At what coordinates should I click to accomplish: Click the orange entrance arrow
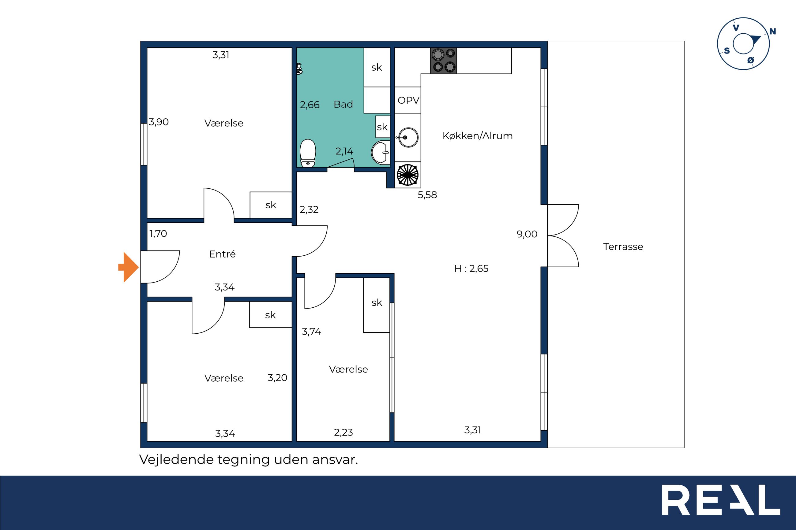[x=129, y=267]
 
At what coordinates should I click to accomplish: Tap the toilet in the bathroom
[x=308, y=154]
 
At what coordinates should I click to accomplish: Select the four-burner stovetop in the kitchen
[x=443, y=61]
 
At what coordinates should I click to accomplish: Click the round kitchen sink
[x=408, y=137]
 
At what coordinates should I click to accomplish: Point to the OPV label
[x=408, y=100]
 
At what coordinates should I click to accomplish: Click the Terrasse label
[x=623, y=246]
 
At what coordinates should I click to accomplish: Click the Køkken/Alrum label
[x=478, y=135]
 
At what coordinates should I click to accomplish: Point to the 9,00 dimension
[x=527, y=234]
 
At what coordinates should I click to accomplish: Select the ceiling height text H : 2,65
[x=471, y=269]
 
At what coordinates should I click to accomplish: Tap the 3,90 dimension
[x=159, y=122]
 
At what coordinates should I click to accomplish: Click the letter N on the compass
[x=773, y=32]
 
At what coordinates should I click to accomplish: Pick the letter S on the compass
[x=727, y=51]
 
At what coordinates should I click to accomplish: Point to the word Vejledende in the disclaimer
[x=176, y=459]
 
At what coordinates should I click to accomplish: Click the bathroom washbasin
[x=380, y=152]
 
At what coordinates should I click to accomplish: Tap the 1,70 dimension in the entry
[x=158, y=234]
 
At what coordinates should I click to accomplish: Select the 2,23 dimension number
[x=344, y=432]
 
